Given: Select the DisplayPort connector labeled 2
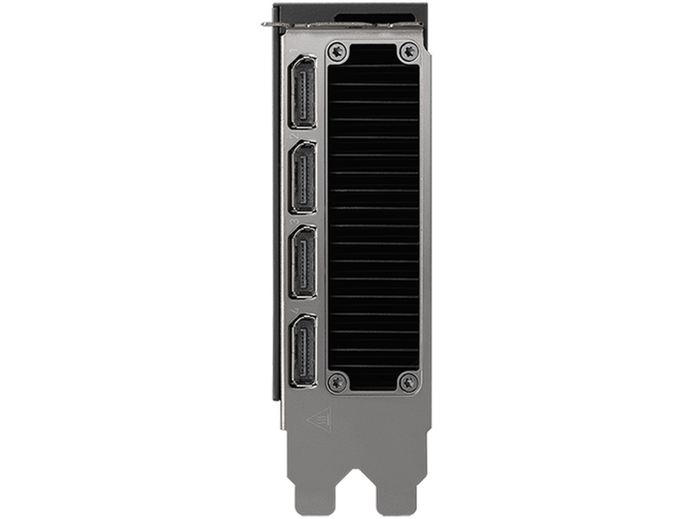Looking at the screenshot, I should click(x=303, y=177).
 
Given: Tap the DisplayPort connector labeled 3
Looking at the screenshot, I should click(x=303, y=263).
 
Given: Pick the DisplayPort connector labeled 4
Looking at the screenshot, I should click(x=303, y=350).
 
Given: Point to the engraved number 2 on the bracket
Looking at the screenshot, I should click(x=296, y=135).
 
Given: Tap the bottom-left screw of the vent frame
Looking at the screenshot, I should click(x=337, y=382).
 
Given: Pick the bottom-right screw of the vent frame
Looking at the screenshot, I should click(x=408, y=382).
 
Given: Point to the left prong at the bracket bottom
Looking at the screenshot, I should click(x=315, y=493).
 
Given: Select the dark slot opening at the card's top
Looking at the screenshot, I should click(x=374, y=18).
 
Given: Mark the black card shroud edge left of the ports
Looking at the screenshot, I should click(x=276, y=216).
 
